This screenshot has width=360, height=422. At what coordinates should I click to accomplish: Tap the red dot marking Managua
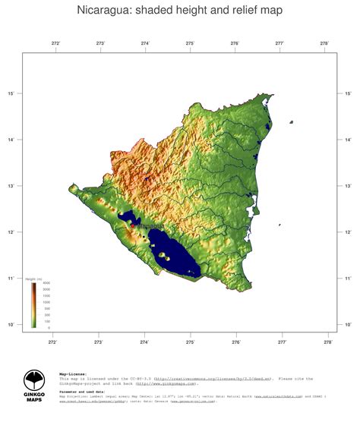point(132,225)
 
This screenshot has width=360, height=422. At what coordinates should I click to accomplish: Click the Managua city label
point(149,225)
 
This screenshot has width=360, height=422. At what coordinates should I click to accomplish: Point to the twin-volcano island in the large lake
point(166,258)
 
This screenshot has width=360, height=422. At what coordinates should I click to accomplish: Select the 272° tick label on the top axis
point(55,44)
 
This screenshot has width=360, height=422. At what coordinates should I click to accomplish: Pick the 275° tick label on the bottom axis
point(190,342)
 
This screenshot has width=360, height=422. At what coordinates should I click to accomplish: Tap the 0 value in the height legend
point(49,328)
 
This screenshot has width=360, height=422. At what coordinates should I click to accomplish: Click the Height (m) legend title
point(33,279)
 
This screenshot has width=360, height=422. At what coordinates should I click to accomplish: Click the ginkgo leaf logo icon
point(34,380)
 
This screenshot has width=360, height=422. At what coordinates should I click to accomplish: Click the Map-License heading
point(73,373)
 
